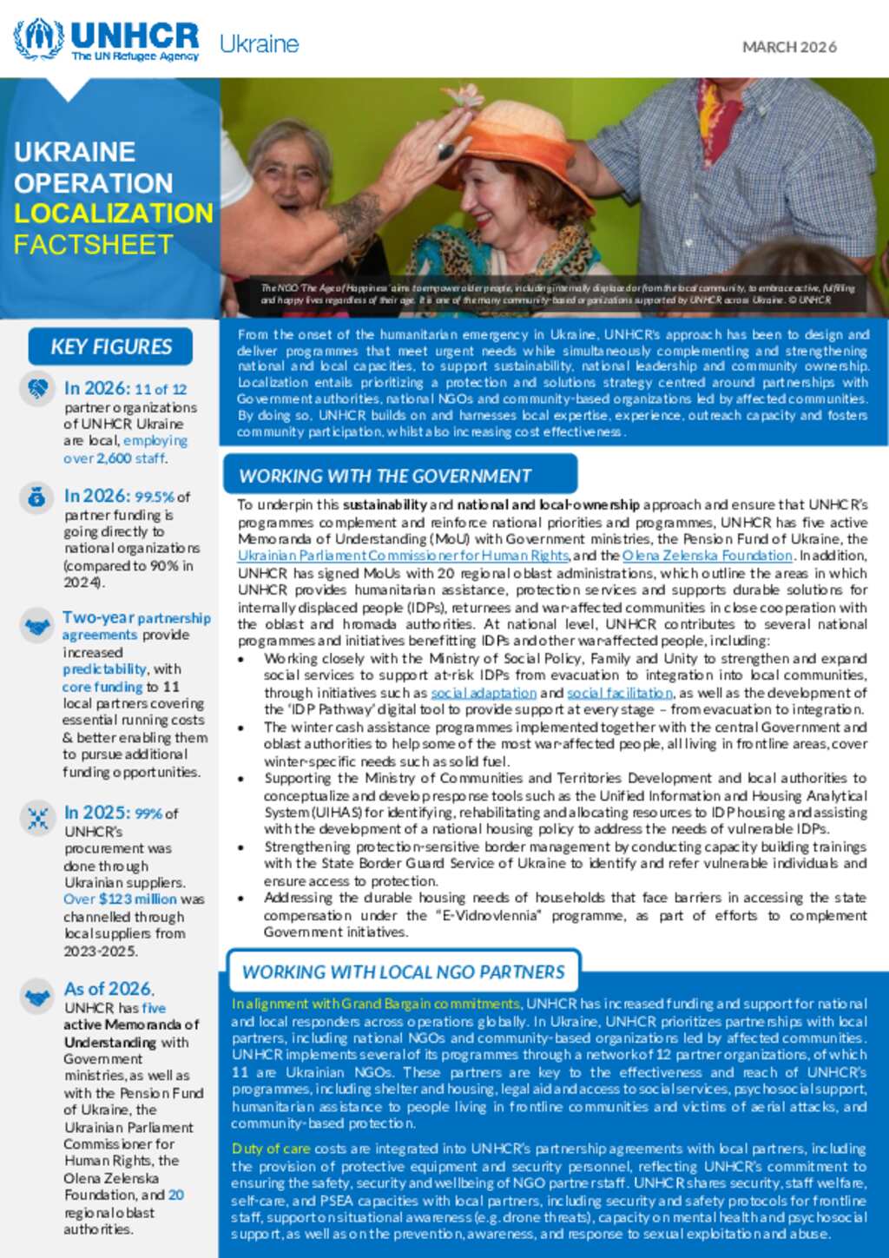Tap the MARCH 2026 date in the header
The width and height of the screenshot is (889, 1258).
tap(789, 47)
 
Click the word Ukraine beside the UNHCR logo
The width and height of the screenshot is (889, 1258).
tap(259, 44)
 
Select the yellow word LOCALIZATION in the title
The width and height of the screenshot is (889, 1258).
tap(113, 214)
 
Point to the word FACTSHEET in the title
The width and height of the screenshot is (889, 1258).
tap(94, 245)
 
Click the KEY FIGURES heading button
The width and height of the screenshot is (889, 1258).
tap(110, 346)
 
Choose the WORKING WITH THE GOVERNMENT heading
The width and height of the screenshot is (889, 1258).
tap(385, 476)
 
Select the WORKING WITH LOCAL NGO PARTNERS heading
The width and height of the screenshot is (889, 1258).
tap(403, 972)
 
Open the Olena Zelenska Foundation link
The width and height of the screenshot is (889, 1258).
tap(707, 556)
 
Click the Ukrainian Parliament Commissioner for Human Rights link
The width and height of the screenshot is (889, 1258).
tap(403, 556)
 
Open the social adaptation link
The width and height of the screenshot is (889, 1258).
tap(484, 693)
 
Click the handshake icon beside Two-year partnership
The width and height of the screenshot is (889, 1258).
tap(37, 625)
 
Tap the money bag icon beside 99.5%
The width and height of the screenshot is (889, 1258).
tap(36, 497)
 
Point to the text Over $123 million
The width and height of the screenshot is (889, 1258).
tap(120, 899)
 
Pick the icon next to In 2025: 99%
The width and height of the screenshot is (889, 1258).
tap(36, 818)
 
